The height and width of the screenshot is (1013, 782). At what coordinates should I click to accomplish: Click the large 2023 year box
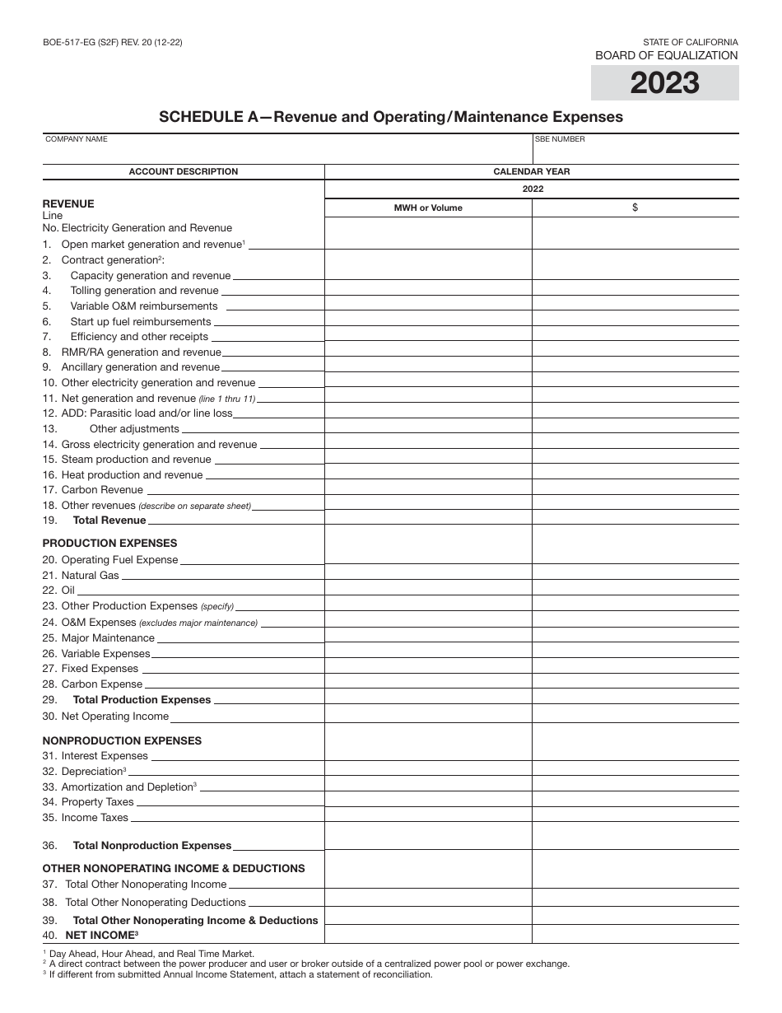click(x=664, y=82)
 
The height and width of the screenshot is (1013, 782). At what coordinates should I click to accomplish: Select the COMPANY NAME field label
click(x=77, y=139)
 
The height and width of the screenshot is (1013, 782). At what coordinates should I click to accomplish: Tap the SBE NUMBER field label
click(x=560, y=139)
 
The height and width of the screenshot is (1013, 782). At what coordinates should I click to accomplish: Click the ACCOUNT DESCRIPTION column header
click(x=183, y=171)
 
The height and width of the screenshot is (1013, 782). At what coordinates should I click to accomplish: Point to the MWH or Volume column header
click(x=428, y=208)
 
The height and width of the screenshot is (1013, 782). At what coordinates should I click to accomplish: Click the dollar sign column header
click(x=635, y=208)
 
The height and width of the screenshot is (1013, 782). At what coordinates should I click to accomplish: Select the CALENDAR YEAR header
click(x=531, y=171)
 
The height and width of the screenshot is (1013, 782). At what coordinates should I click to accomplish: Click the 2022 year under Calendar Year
click(x=532, y=189)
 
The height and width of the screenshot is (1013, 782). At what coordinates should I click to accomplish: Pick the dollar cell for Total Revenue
click(x=635, y=519)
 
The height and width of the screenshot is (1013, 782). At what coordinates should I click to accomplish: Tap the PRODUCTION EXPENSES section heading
click(x=109, y=544)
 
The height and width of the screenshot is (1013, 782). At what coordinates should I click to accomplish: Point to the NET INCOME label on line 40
click(x=104, y=936)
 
